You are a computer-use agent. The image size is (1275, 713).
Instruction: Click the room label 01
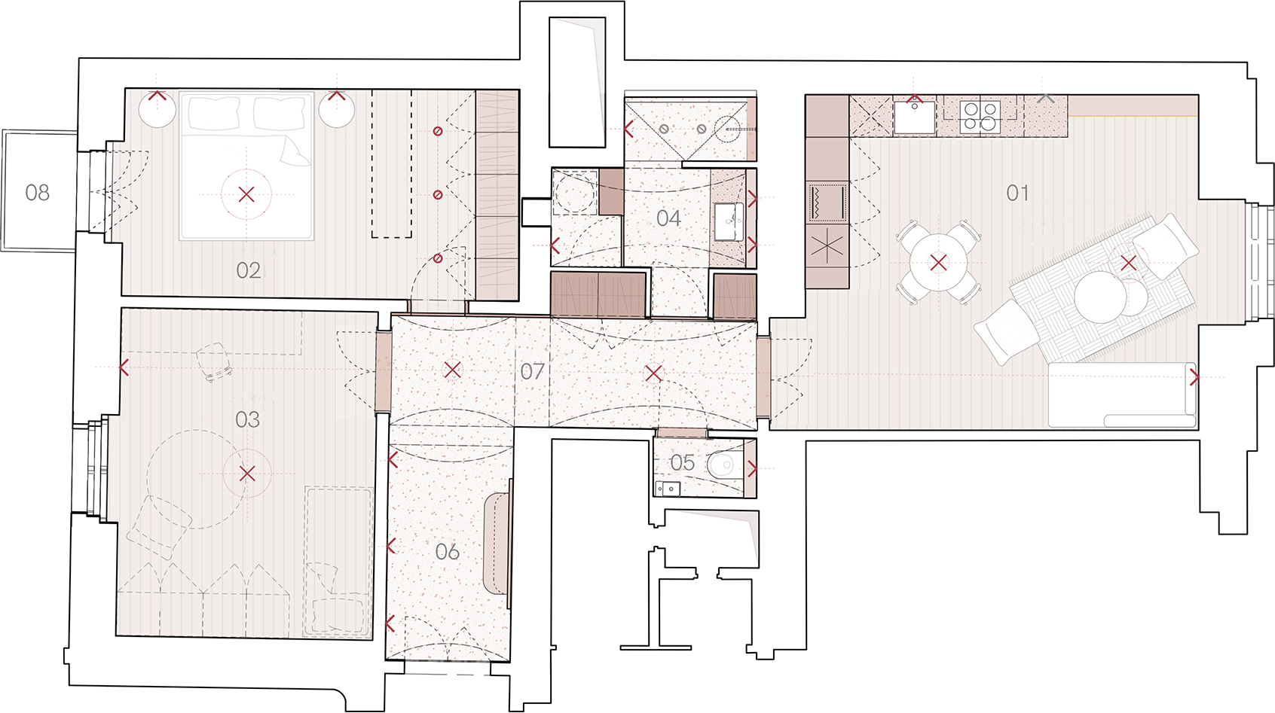pos(1017,193)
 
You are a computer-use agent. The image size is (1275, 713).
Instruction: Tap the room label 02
pos(248,270)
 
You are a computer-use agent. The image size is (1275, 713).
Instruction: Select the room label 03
pos(248,420)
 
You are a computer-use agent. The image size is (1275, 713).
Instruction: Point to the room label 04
pos(668,218)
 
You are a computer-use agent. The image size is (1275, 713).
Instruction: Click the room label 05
pos(683,463)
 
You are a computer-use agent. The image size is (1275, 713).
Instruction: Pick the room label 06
pos(447,552)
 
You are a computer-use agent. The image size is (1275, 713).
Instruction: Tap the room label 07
pos(532,371)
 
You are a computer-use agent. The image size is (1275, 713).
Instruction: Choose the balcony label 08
pos(37,193)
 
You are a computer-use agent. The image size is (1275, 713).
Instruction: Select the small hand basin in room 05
pos(668,489)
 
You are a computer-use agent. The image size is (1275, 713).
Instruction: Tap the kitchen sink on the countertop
pos(914,117)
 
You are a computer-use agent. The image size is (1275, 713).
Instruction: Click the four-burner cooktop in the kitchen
pos(980,117)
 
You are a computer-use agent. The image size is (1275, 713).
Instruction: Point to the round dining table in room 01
pos(938,263)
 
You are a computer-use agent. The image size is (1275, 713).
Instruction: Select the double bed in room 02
pos(246,166)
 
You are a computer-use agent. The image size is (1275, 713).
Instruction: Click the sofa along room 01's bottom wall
pos(1122,395)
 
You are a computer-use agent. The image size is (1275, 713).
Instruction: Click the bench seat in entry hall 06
pos(496,544)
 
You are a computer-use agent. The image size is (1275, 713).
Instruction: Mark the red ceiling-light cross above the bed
pos(246,194)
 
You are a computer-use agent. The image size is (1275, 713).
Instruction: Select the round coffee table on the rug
pos(1100,297)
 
